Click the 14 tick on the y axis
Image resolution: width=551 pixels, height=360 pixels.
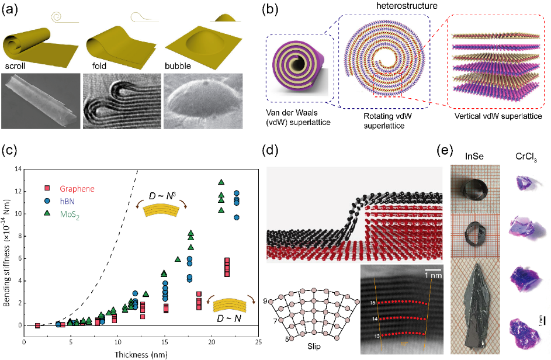tap(18, 169)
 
